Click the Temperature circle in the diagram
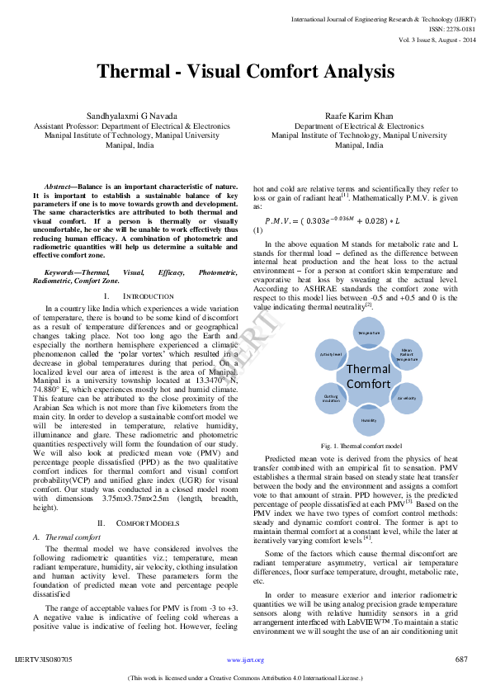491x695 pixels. click(368, 332)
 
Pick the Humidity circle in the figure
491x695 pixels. click(368, 419)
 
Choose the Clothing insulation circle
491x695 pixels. click(331, 398)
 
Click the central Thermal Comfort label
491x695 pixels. click(368, 376)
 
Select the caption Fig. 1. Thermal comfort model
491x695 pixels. click(368, 445)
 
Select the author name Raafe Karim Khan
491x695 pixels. click(359, 117)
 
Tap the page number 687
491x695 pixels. click(461, 660)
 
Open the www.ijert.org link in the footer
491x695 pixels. click(245, 660)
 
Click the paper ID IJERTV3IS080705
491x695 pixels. click(44, 660)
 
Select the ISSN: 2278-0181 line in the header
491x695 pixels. click(454, 27)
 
